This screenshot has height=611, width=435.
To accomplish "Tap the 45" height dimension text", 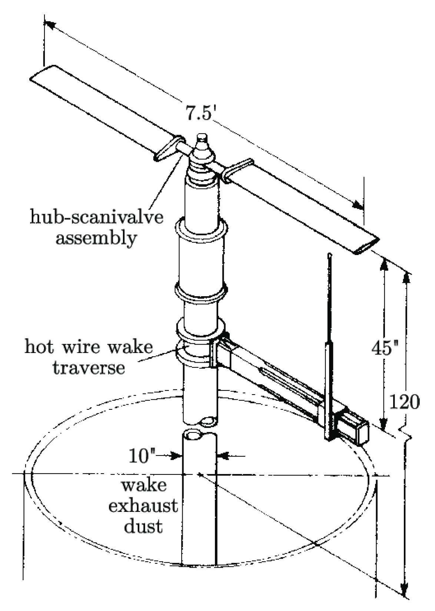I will coord(385,348).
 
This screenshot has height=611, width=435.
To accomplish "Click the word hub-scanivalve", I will coord(96,217).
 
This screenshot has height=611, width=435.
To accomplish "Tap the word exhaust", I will coord(143,506).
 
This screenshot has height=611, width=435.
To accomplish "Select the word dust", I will coord(143,526).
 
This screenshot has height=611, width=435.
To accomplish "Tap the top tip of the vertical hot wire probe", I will coord(329,255).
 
